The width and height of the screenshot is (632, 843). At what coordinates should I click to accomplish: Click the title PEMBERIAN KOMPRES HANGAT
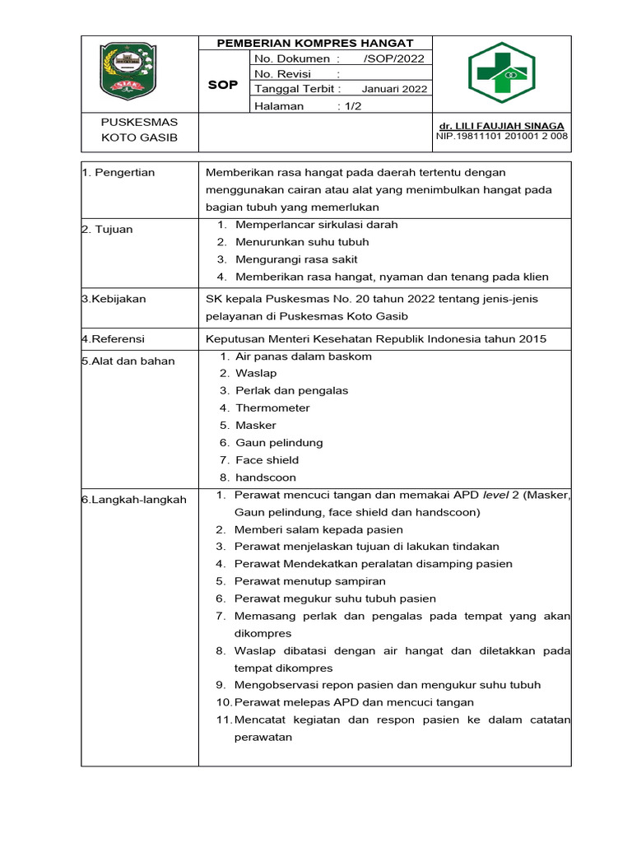314,43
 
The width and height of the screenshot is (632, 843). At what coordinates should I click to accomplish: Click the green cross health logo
501,73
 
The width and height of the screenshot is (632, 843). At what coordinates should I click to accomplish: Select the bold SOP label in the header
222,85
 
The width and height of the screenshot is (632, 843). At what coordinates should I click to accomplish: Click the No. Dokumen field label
297,59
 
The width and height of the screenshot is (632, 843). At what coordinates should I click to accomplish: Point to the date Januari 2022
394,90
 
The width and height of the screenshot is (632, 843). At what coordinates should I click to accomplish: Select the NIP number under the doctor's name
501,137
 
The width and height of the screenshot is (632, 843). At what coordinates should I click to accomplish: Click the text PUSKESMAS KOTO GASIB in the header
139,130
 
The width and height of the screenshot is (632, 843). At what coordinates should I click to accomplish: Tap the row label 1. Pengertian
118,172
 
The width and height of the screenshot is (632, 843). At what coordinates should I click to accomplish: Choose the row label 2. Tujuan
107,230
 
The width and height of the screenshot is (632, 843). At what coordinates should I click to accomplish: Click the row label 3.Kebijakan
114,299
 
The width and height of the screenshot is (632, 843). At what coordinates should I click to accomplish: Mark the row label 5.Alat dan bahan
128,361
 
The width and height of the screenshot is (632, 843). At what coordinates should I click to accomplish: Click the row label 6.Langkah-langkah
133,500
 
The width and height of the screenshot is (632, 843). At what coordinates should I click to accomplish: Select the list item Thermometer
272,408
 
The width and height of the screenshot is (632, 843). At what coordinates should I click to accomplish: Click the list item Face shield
267,460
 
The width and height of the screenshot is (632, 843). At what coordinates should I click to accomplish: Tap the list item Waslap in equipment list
255,373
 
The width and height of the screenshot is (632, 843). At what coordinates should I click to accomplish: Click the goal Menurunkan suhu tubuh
302,242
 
